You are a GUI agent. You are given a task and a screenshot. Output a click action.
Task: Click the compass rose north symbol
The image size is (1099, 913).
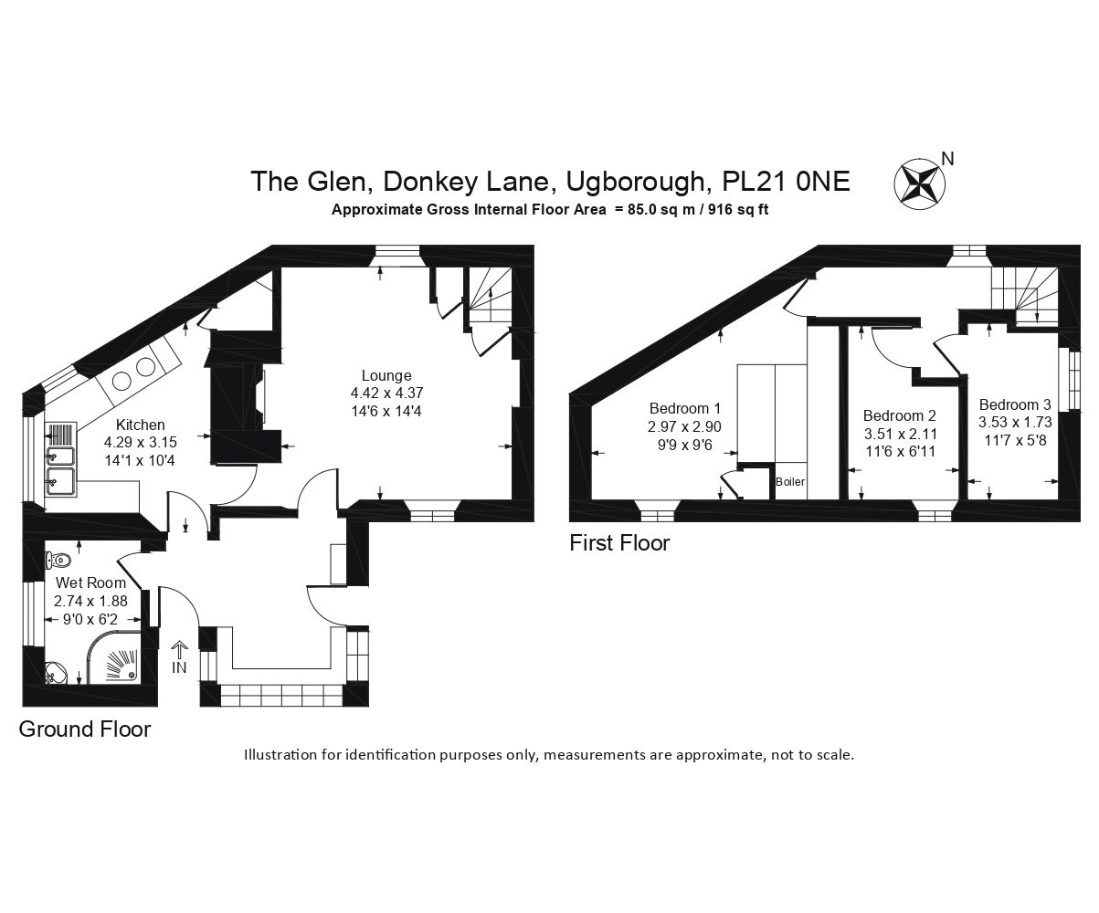point(920,184)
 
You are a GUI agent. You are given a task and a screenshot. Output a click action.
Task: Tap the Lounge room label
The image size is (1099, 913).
point(386,375)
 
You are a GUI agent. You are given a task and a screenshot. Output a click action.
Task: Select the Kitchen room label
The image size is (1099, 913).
point(140,425)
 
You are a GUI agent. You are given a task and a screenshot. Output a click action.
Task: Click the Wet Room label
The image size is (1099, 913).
point(90,582)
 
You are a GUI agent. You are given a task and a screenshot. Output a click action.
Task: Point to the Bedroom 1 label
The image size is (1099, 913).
point(685,408)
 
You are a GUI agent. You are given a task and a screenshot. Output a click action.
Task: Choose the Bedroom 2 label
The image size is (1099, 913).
point(900,415)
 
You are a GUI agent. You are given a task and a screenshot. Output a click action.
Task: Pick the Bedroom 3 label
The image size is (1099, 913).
point(1015,404)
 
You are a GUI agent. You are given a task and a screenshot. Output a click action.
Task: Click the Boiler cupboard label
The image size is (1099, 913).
point(790,482)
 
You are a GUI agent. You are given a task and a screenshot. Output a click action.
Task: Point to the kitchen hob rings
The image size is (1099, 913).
point(133,374)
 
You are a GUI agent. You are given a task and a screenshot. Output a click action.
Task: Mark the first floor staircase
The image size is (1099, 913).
point(1025,296)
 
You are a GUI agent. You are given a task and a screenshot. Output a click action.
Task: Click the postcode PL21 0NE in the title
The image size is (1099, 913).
point(786,182)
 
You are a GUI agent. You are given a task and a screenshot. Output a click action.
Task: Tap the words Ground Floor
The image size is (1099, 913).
point(85,729)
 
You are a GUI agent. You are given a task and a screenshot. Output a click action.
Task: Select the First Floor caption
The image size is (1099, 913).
point(619,543)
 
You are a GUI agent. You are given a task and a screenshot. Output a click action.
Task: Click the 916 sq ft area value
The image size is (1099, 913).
point(738,210)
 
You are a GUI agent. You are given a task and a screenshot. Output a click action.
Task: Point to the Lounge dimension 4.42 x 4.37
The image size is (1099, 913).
point(386,393)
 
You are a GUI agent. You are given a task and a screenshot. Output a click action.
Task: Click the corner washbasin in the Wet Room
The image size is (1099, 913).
point(57,673)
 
